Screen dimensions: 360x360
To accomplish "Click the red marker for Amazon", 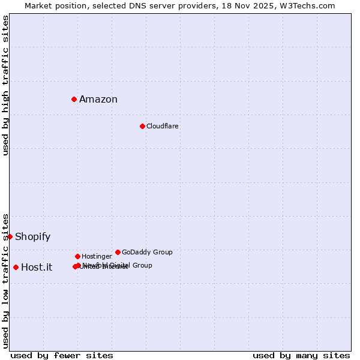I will coord(74,99).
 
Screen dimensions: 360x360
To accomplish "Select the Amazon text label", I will coord(98,100).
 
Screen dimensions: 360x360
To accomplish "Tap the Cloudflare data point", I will coord(142,126).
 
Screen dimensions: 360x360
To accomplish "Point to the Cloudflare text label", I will coord(163,127).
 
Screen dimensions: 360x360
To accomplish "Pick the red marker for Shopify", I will coord(10,236).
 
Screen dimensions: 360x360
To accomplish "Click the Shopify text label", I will coord(33,237).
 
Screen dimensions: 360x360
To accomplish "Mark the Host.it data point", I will coord(16,267).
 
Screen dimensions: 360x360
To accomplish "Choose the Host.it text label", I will coord(37,268).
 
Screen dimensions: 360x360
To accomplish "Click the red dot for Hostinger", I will coord(77,256).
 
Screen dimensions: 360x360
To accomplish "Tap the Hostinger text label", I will coord(97,257).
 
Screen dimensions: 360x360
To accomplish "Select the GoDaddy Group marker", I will coord(118,252).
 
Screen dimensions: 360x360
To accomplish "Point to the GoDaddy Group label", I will coord(147,253).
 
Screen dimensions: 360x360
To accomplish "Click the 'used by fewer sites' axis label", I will coord(62,356).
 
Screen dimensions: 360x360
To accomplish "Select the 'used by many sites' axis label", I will coord(301,356).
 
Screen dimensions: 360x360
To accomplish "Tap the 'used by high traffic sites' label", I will coord(6,85).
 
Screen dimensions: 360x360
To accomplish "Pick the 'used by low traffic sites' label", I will coord(6,280).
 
